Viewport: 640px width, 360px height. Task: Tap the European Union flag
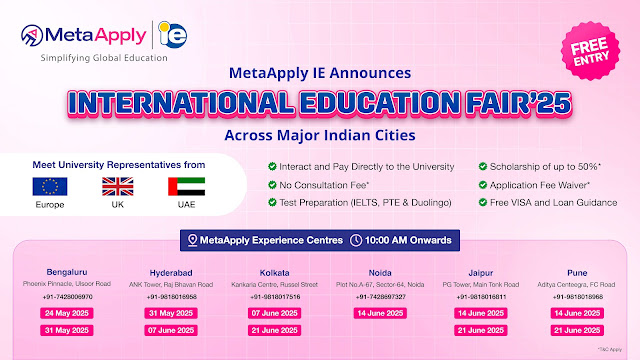[50, 187]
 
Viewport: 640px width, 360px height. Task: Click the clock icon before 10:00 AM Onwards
[356, 240]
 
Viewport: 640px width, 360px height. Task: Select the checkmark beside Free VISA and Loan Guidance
[484, 202]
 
